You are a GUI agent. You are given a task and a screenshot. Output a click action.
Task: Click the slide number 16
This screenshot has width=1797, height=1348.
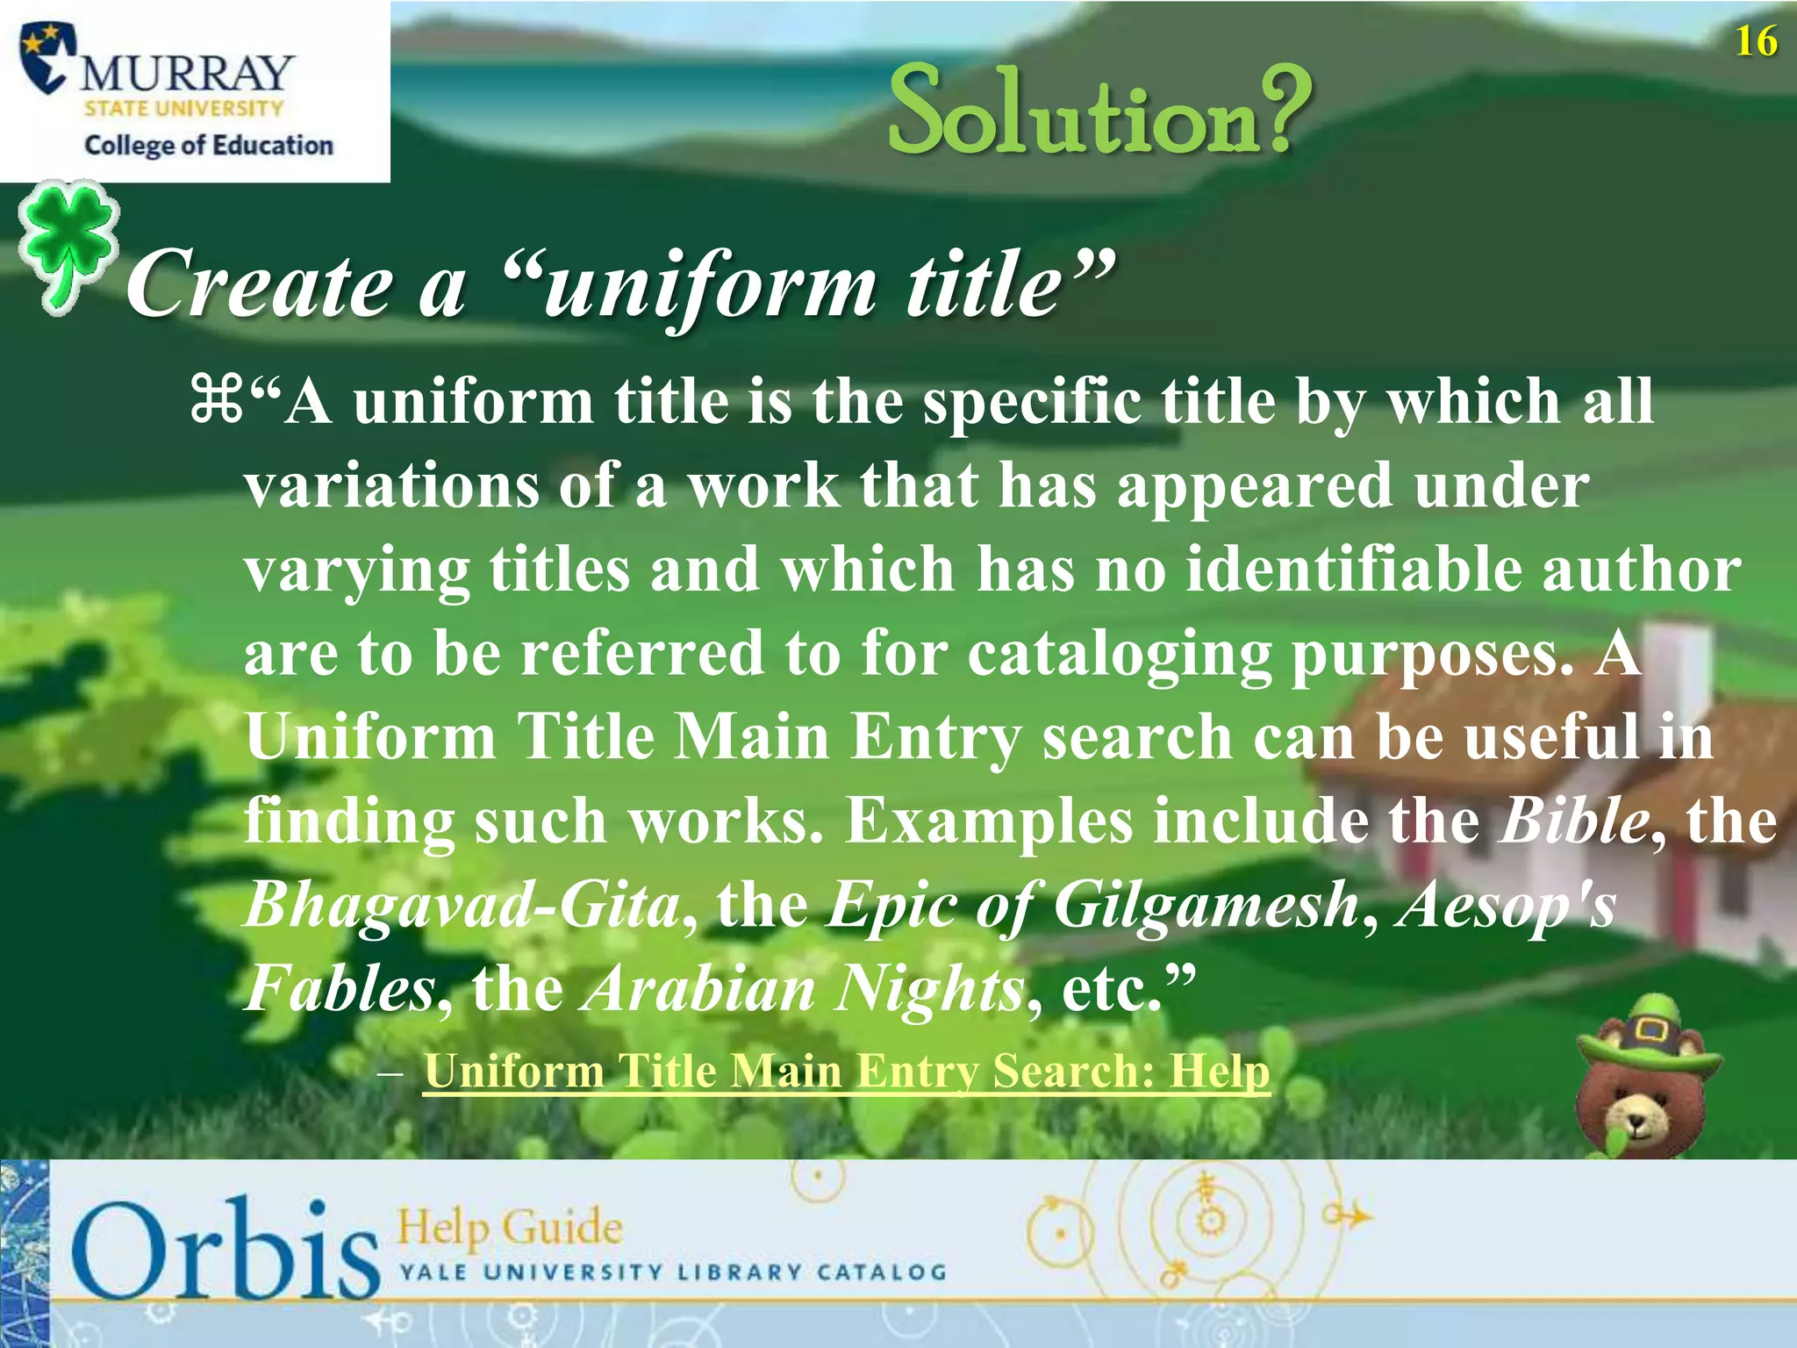click(x=1756, y=42)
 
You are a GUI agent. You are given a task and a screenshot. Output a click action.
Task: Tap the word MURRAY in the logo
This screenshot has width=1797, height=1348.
click(x=186, y=73)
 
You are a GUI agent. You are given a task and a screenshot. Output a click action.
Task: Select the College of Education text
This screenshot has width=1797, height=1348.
click(x=209, y=145)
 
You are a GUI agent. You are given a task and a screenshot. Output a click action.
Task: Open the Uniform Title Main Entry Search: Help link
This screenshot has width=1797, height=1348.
click(x=846, y=1072)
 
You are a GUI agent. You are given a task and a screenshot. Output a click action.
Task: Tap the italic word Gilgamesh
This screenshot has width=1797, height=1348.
click(x=1206, y=905)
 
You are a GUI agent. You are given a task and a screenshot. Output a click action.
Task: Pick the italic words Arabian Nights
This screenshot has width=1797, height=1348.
click(x=804, y=989)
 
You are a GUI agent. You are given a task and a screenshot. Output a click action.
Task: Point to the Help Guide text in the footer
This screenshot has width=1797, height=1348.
click(x=510, y=1226)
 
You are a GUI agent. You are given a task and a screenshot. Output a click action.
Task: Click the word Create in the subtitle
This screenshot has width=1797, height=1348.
click(x=260, y=284)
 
